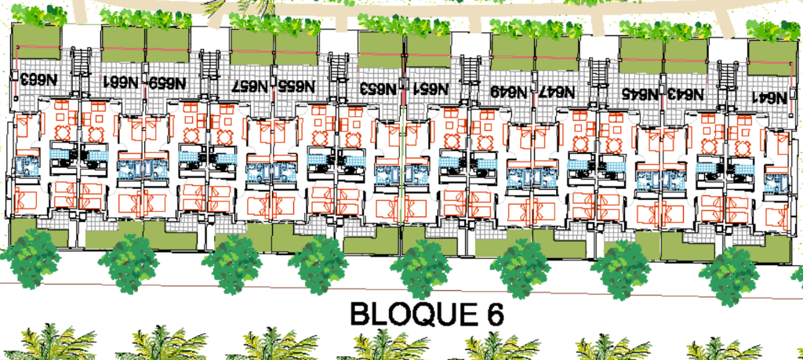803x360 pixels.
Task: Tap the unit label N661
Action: (x=120, y=82)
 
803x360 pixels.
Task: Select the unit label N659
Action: (x=167, y=82)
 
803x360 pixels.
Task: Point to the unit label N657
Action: (x=251, y=85)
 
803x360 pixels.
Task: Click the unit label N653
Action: (x=378, y=88)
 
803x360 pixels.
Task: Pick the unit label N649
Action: (x=508, y=91)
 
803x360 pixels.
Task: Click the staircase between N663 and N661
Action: (x=79, y=71)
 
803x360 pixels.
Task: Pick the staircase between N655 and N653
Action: (x=338, y=77)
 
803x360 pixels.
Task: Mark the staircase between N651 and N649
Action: (x=469, y=79)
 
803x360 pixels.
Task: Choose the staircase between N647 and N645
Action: (x=598, y=82)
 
